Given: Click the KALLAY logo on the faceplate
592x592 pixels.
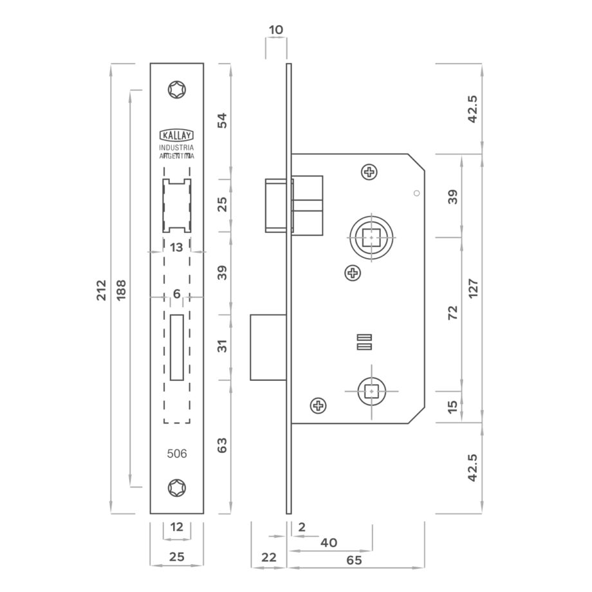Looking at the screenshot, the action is point(177,135).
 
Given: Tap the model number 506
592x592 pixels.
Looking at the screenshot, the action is point(177,454).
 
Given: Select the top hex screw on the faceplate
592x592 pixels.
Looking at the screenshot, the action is point(177,90).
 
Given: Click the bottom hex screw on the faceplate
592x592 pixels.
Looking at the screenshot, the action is point(177,488).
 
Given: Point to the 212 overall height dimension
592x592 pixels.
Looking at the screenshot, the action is point(102,290).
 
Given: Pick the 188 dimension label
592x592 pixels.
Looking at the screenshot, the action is point(121,290).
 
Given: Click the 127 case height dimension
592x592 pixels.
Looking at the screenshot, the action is point(473,288).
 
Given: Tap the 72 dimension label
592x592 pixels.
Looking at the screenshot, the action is point(452,313).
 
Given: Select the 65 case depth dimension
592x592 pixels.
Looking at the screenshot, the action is point(354,560).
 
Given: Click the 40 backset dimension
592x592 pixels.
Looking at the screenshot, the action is point(328,543).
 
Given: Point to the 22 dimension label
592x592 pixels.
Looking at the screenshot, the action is point(269,557).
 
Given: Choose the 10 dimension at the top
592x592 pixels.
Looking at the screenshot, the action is point(276,30).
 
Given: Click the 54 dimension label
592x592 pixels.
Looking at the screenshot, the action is point(223,120).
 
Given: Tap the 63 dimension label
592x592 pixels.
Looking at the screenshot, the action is point(223,445).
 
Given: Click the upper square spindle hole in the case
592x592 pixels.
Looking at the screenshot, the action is point(371,237).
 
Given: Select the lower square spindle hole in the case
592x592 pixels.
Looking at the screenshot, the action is point(372,391).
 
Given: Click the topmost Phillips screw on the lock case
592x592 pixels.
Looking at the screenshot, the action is point(369,172).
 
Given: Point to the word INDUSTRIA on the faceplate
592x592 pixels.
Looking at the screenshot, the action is point(176,147).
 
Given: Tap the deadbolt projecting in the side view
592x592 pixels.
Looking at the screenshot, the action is point(268,347).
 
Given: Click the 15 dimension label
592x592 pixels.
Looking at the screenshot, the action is point(452,406).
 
